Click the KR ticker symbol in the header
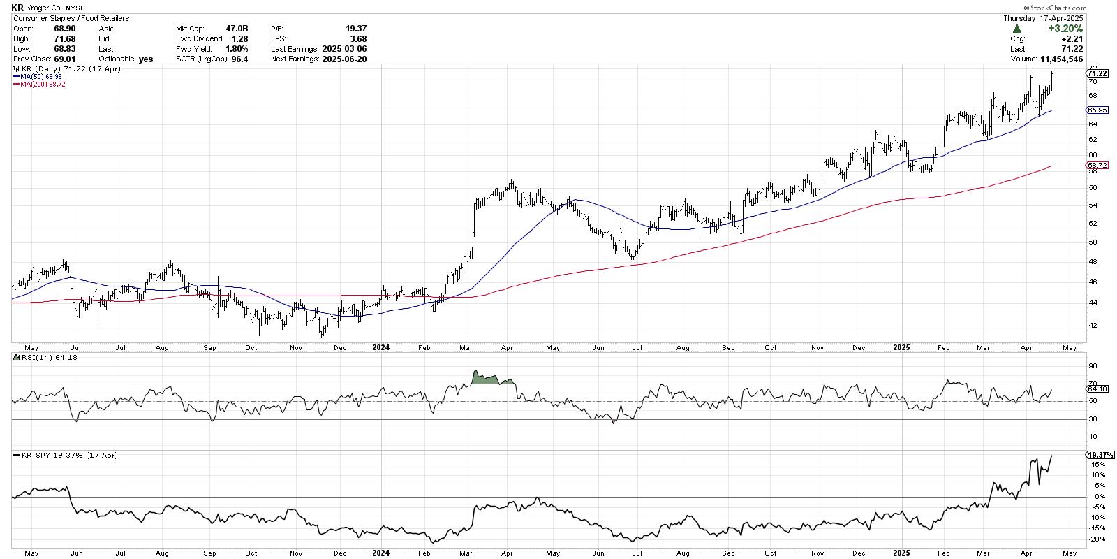coord(17,8)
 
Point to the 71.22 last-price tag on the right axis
coord(1097,73)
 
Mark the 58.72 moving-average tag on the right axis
coord(1097,166)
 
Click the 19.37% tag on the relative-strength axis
coord(1097,455)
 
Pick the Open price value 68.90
coord(65,29)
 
